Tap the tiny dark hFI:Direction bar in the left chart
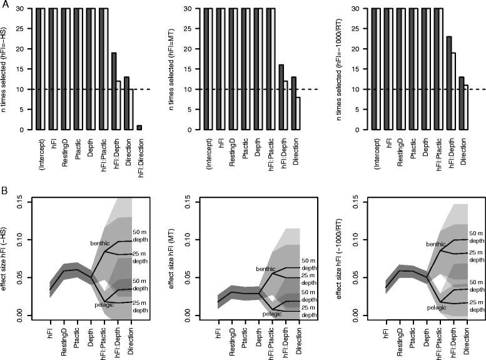pos(139,128)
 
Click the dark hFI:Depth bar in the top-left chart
pos(114,91)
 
